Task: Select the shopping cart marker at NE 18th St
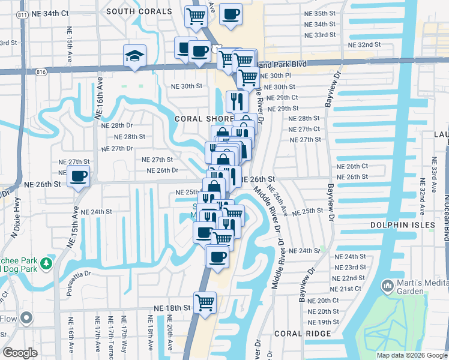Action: (x=205, y=302)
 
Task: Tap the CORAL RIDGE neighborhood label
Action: (x=295, y=333)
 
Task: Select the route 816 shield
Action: (x=40, y=72)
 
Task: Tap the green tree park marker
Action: (x=46, y=263)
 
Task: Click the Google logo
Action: (x=20, y=353)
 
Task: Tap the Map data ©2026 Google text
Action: (x=411, y=355)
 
